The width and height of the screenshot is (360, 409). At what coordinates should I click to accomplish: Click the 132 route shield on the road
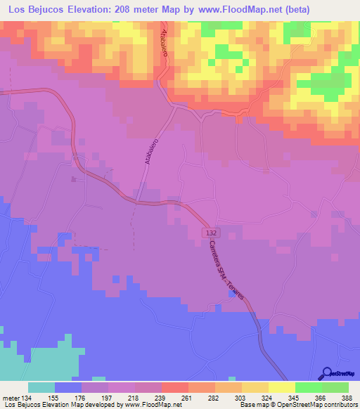(x=211, y=233)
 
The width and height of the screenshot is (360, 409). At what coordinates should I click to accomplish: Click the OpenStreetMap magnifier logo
(x=326, y=374)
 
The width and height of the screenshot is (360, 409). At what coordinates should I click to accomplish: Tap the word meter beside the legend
(x=11, y=397)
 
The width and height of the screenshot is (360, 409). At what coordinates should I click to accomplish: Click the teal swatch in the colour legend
(x=41, y=387)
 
